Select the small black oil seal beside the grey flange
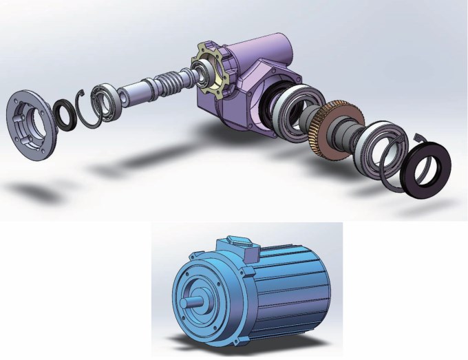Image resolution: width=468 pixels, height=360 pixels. pyautogui.click(x=66, y=114)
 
